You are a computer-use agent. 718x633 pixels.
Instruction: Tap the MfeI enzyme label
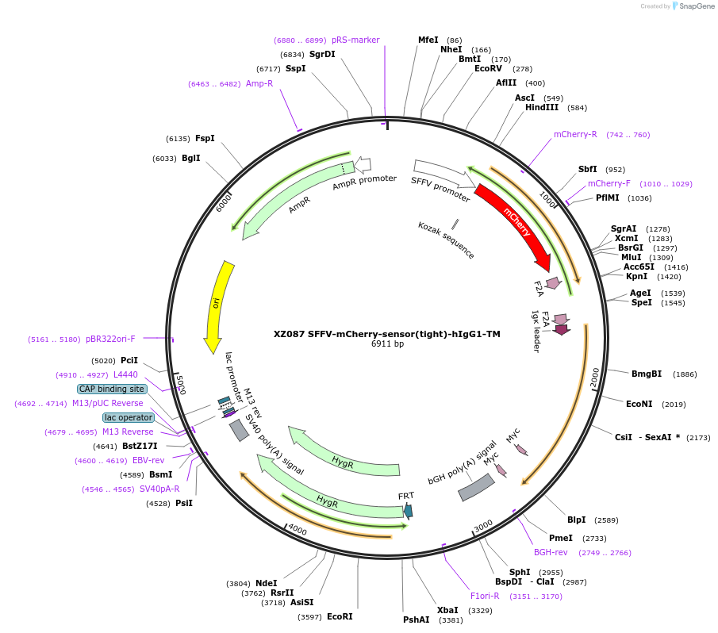coord(428,40)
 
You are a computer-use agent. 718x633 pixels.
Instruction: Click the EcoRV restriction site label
coord(488,69)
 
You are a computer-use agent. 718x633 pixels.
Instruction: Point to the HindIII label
coord(542,107)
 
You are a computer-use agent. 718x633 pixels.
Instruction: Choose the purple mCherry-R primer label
coord(575,134)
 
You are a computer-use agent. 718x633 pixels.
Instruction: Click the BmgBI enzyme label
coord(647,374)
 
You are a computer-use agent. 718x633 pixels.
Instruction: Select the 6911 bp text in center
coord(387,343)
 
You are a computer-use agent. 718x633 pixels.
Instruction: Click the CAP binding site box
coord(111,389)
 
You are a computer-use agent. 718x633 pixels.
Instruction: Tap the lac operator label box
coord(128,417)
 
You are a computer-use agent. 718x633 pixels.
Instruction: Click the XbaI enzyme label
coord(447,610)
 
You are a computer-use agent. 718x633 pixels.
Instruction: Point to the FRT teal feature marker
coord(408,511)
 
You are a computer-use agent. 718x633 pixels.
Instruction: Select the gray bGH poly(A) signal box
coord(476,487)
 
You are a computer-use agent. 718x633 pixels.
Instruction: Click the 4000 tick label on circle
coord(297,529)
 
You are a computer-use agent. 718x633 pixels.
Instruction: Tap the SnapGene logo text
coord(695,6)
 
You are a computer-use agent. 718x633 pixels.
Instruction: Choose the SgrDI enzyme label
coord(322,54)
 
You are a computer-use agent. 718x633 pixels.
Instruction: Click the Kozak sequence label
coord(446,240)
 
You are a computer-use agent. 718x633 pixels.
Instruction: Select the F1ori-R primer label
coord(485,596)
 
